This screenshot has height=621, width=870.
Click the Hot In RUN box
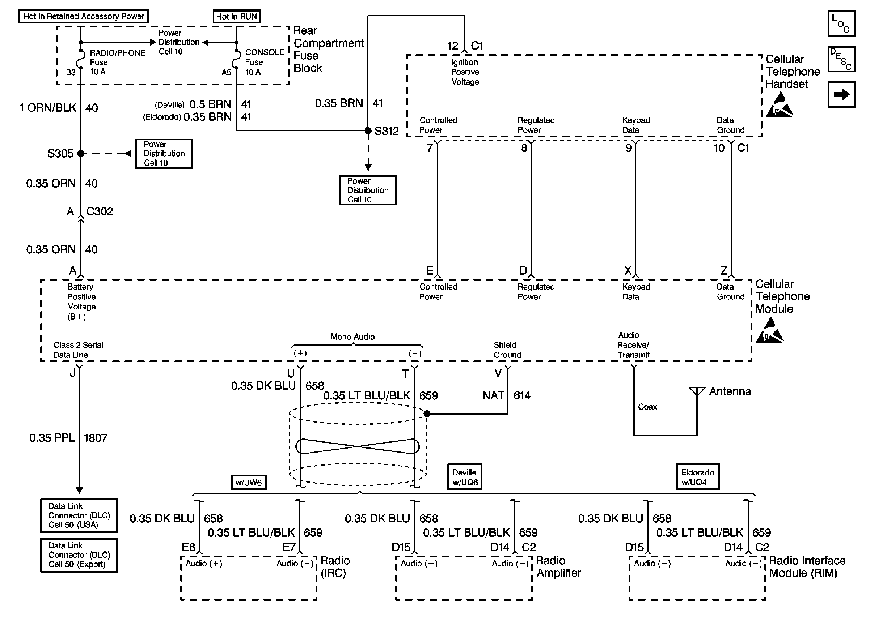click(x=237, y=16)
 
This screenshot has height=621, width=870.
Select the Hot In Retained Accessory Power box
click(x=84, y=16)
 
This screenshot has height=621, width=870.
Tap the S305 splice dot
click(x=80, y=153)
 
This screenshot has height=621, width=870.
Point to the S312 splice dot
click(x=368, y=131)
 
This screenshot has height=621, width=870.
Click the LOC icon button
click(x=841, y=24)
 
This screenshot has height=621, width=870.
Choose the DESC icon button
click(x=841, y=59)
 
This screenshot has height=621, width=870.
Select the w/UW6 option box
click(x=249, y=483)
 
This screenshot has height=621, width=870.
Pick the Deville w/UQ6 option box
click(x=465, y=477)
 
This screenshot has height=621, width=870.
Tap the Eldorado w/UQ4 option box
click(x=697, y=477)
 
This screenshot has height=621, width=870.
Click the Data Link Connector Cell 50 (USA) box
click(x=79, y=515)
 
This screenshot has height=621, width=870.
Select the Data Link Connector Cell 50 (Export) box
click(x=79, y=555)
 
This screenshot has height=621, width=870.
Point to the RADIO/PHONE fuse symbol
click(x=81, y=59)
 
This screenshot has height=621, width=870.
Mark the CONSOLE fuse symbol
click(x=237, y=59)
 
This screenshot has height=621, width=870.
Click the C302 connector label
click(x=100, y=211)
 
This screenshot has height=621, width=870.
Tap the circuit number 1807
click(x=95, y=438)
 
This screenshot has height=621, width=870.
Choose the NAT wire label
click(x=493, y=395)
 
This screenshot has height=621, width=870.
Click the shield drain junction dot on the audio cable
click(x=427, y=414)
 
